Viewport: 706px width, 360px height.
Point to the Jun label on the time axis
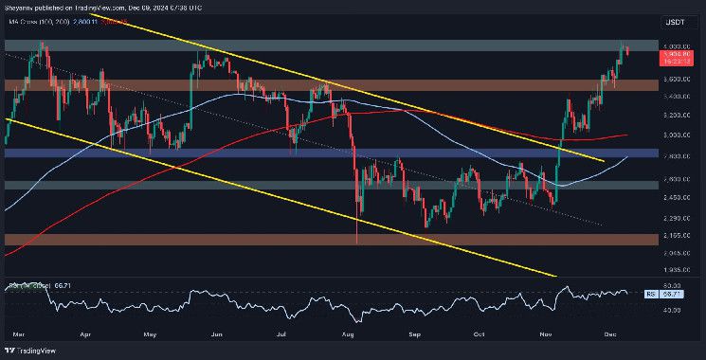[216, 334]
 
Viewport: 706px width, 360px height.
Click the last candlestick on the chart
[627, 50]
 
